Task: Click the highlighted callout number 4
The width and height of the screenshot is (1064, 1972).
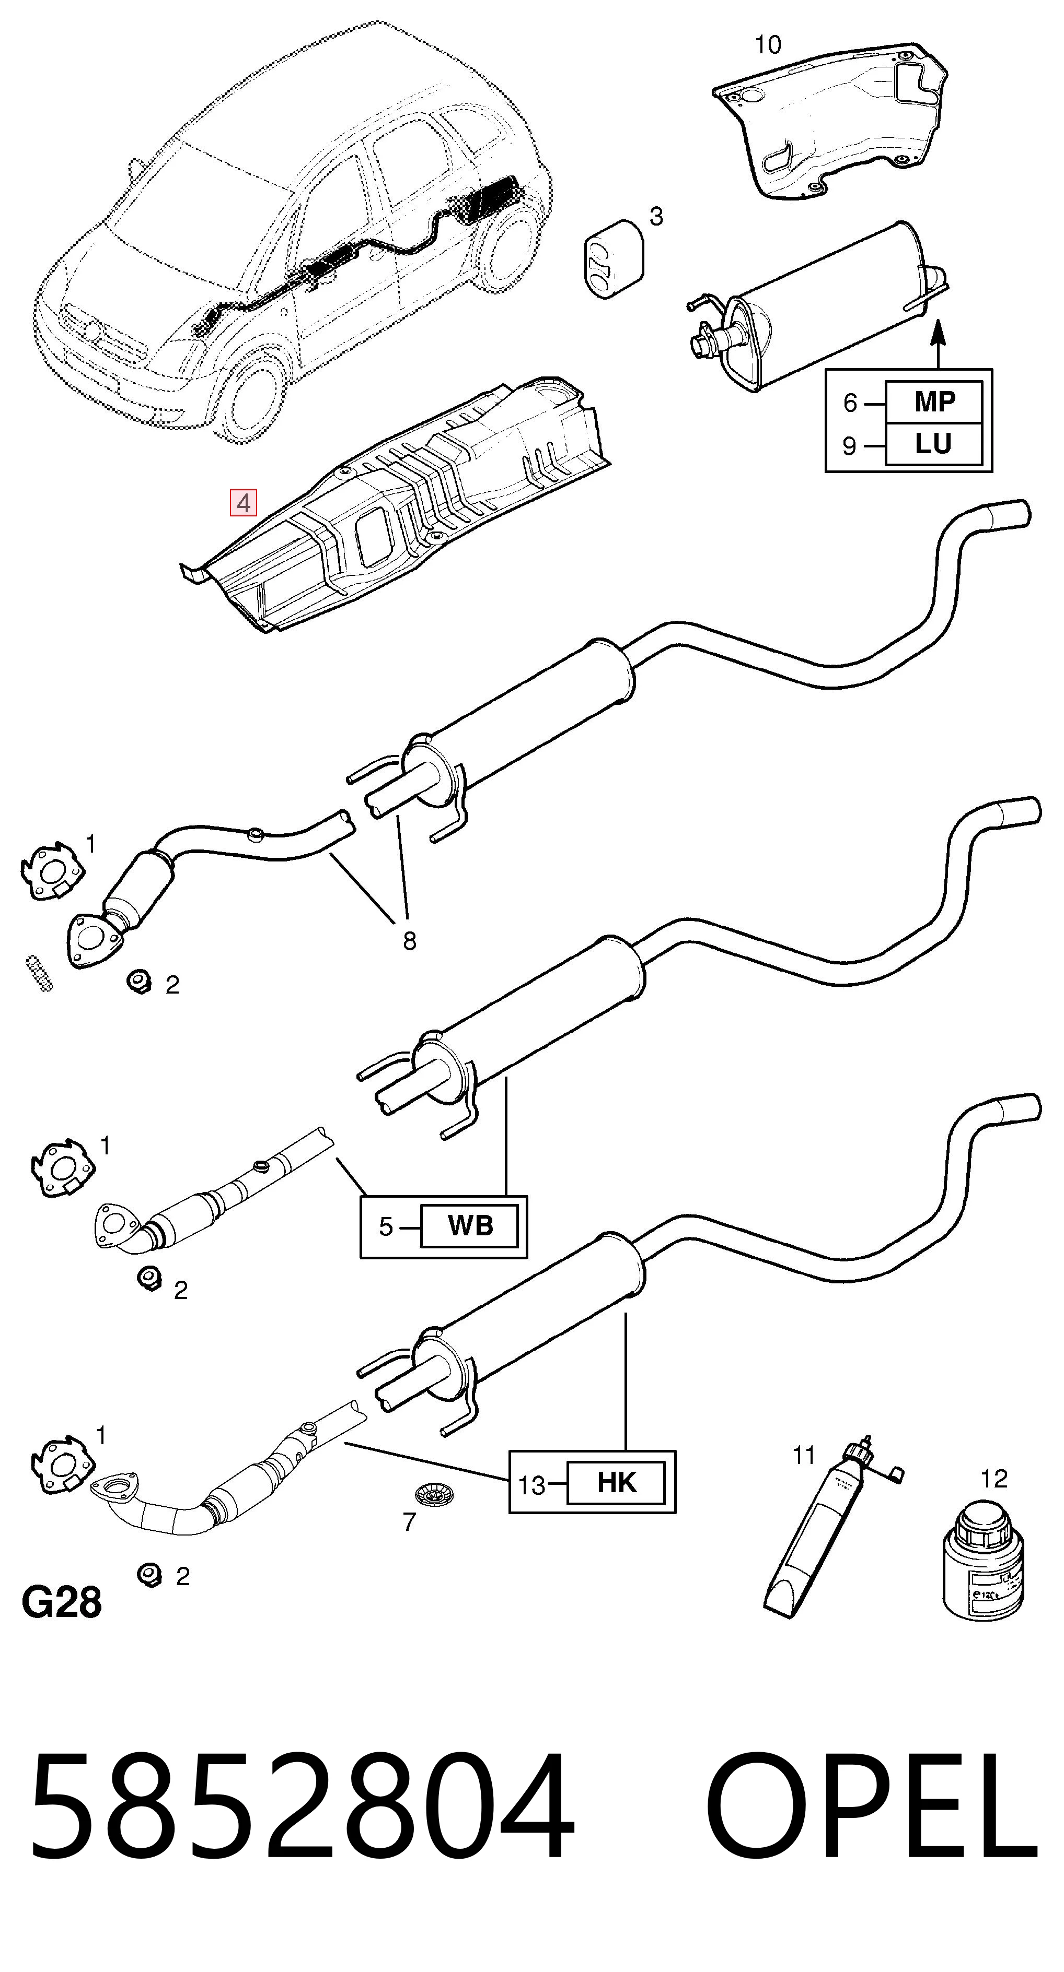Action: point(244,503)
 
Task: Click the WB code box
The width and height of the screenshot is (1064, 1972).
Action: point(470,1225)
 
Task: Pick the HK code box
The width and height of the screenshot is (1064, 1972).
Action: point(616,1483)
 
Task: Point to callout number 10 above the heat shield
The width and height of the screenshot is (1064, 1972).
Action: point(768,45)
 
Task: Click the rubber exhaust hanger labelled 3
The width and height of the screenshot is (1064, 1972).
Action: point(614,259)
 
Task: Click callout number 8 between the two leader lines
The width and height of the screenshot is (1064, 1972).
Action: point(410,940)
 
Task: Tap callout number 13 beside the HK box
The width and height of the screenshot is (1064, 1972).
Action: point(531,1485)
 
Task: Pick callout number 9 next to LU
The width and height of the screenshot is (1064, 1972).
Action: point(849,445)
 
